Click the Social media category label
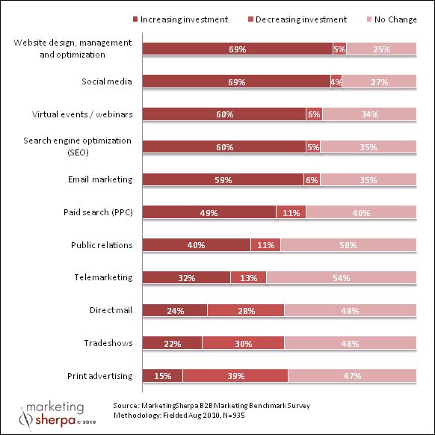(106, 81)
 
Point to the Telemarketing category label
(103, 277)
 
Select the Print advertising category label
(97, 375)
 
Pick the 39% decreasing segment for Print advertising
(235, 375)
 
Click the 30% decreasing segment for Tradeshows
(243, 343)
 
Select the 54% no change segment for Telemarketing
(341, 278)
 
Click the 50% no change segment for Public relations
(348, 245)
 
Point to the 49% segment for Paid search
(209, 212)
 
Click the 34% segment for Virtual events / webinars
(368, 114)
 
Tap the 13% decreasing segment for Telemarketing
(248, 278)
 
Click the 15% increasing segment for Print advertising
(161, 375)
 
